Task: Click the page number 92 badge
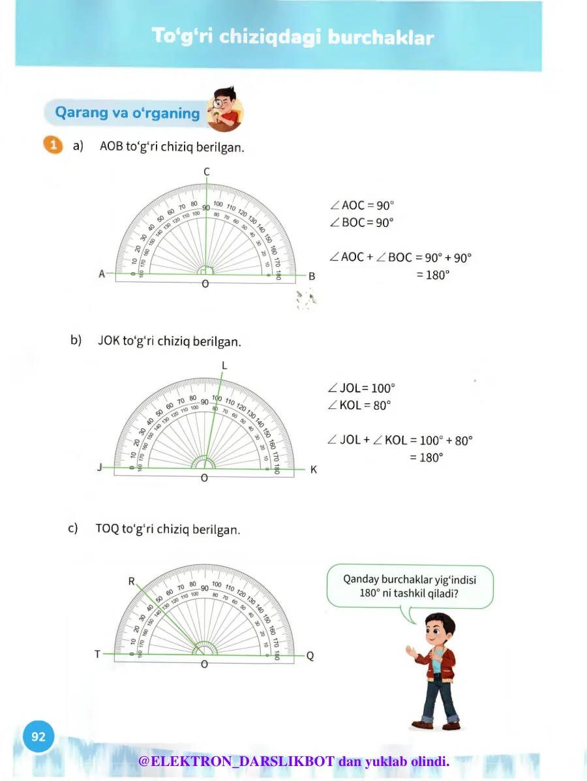[38, 737]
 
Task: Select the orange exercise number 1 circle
[53, 145]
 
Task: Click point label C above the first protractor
[207, 171]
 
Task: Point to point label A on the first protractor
[102, 274]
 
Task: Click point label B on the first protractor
[312, 276]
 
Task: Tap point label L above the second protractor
[224, 365]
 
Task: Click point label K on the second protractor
[313, 469]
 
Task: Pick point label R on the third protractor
[132, 580]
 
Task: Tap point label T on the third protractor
[97, 654]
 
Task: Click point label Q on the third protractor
[310, 656]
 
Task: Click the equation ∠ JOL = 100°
[363, 388]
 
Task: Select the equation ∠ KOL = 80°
[360, 405]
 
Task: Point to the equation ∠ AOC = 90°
[363, 205]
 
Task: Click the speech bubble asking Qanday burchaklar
[409, 586]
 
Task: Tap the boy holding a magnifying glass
[224, 109]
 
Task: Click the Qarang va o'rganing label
[127, 113]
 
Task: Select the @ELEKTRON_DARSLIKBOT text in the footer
[237, 761]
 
